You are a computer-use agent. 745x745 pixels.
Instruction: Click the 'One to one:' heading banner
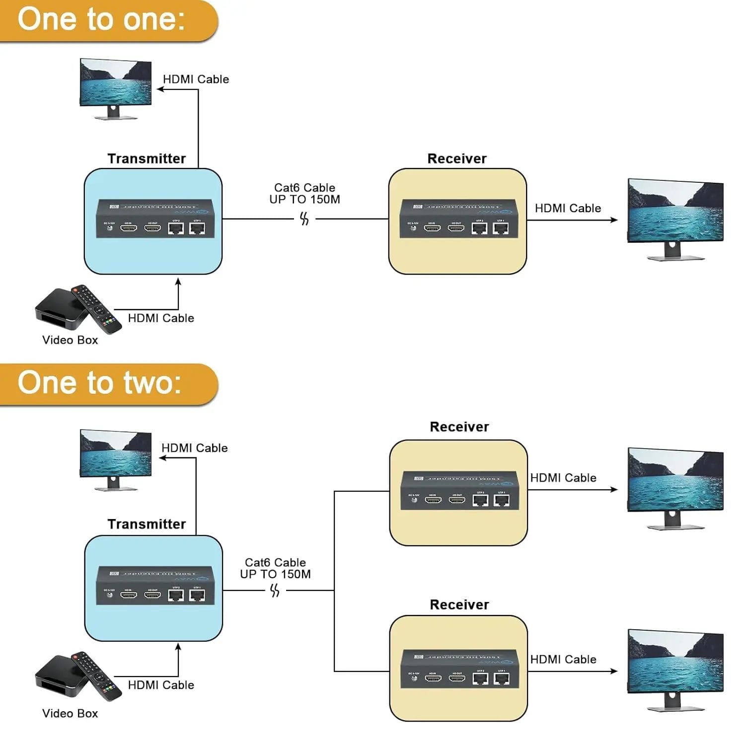pyautogui.click(x=102, y=20)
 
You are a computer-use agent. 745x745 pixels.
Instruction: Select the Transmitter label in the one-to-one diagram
pyautogui.click(x=147, y=158)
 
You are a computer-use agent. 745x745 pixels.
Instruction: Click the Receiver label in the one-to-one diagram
pyautogui.click(x=457, y=158)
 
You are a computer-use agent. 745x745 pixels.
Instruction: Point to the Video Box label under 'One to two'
pyautogui.click(x=70, y=713)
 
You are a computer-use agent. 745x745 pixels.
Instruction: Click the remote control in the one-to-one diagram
pyautogui.click(x=97, y=308)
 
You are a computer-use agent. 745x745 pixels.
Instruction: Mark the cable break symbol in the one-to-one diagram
pyautogui.click(x=304, y=219)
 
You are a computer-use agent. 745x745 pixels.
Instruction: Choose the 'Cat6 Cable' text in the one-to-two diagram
pyautogui.click(x=275, y=562)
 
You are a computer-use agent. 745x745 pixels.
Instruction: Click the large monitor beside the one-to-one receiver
pyautogui.click(x=675, y=219)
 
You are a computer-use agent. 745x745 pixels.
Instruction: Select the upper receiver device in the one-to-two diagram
pyautogui.click(x=459, y=492)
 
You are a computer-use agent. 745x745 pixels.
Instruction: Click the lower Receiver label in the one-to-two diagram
pyautogui.click(x=459, y=604)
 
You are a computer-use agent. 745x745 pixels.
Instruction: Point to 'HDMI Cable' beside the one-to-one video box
pyautogui.click(x=161, y=318)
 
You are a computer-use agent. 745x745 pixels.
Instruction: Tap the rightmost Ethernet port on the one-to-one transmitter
pyautogui.click(x=197, y=228)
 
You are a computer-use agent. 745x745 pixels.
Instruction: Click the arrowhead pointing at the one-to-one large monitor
pyautogui.click(x=614, y=220)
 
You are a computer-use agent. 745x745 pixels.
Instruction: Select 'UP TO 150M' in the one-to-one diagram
pyautogui.click(x=304, y=200)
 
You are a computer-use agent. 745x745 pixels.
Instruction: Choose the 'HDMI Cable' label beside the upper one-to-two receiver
pyautogui.click(x=563, y=478)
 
